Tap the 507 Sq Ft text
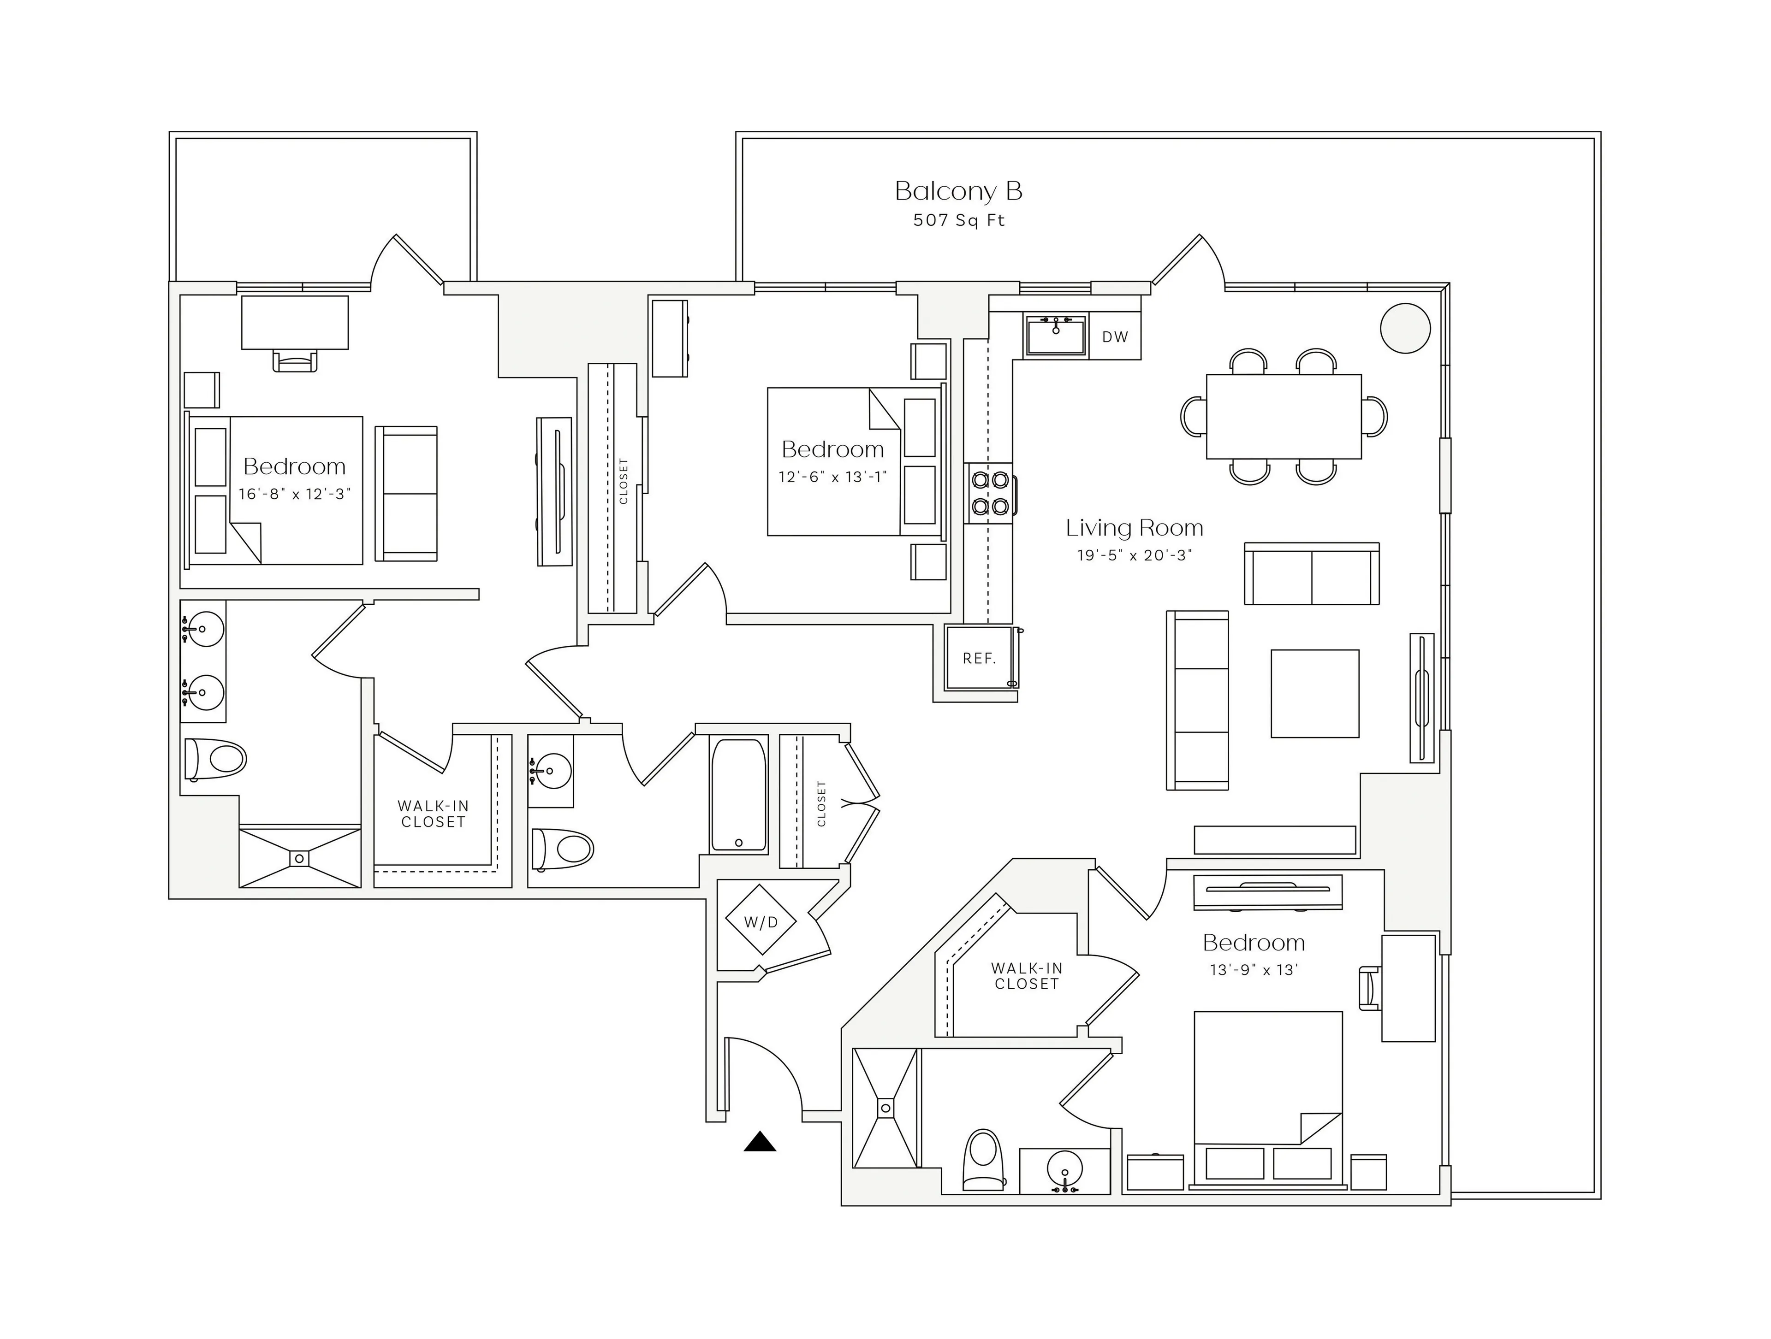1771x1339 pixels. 958,220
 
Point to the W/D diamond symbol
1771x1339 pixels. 761,922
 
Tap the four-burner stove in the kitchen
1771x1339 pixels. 989,493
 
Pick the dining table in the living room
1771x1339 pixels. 1284,416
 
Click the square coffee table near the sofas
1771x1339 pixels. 1314,693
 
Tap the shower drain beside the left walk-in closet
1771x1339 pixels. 299,858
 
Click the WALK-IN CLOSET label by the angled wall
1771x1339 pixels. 1027,976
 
